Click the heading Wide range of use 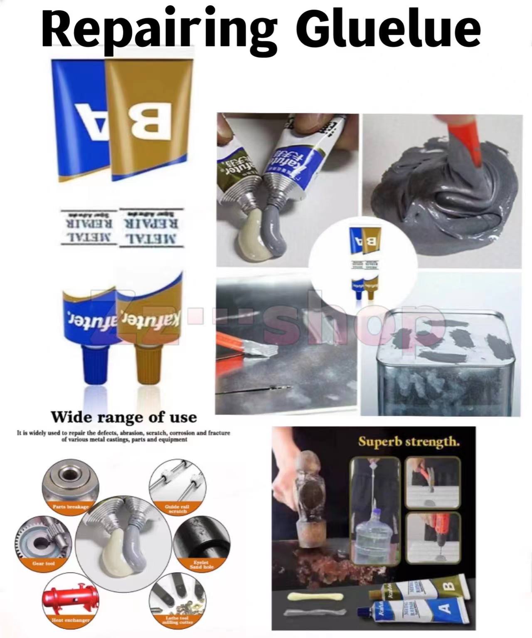point(124,417)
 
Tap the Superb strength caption point(409,441)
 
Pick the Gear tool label point(44,563)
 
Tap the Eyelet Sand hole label point(202,565)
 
